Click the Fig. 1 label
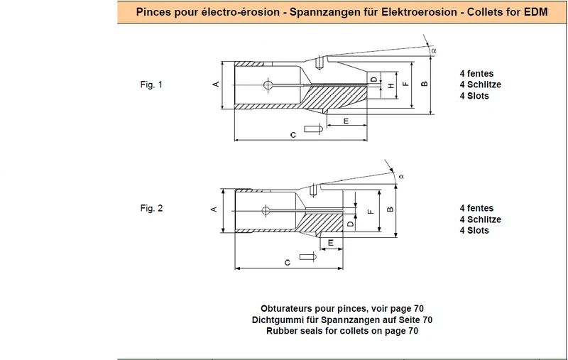151,84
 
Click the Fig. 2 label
151,208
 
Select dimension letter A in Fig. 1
216,84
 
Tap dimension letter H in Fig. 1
391,85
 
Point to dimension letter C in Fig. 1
293,135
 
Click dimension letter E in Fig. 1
346,121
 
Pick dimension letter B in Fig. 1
425,84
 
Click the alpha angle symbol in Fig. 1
434,50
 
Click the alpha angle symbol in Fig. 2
401,176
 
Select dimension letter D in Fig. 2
350,224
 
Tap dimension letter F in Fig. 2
371,211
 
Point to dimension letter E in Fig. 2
331,243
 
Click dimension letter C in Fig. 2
288,263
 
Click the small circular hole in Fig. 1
268,85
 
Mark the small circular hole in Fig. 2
266,210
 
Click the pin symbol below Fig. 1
313,129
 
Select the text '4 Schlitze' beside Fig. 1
481,84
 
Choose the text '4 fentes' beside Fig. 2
476,208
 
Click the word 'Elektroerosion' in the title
419,12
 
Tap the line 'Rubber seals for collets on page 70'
342,331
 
